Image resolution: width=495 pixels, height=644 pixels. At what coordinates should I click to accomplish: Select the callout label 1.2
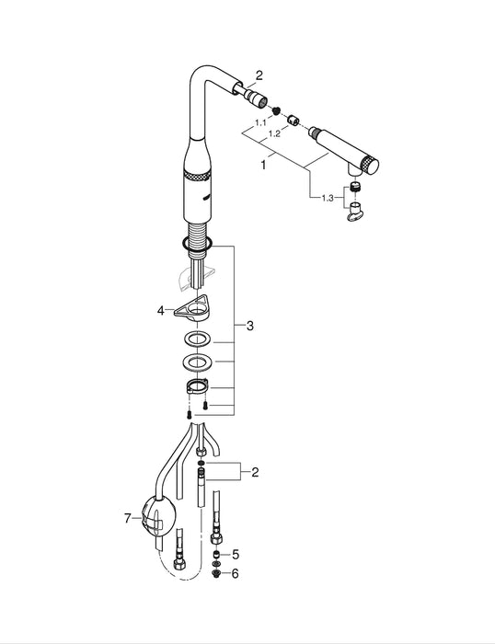(x=273, y=133)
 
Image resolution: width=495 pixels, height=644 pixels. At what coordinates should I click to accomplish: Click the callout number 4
(x=160, y=311)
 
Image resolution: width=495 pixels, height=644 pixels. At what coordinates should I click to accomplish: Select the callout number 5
(x=236, y=555)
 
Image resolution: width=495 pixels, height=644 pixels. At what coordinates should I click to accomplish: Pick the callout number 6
(x=236, y=572)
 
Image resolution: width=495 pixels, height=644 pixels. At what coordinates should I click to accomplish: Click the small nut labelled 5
(x=215, y=555)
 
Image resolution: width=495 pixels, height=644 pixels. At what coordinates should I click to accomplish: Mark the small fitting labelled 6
(x=215, y=572)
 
